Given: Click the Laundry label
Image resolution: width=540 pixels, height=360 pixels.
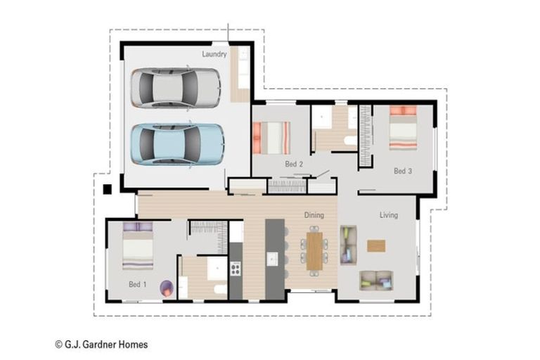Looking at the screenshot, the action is pos(214,54).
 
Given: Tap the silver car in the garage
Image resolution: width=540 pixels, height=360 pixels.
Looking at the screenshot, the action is pos(176,88).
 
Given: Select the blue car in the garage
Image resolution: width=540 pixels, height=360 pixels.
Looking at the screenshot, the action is pos(178,144).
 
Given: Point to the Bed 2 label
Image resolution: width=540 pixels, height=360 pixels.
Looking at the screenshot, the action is pos(294,164).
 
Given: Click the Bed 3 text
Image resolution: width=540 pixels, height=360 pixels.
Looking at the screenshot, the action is pos(403,171).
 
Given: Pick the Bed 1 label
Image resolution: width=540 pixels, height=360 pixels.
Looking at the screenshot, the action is pos(137,284).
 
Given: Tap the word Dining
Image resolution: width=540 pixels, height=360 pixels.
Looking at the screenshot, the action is pos(314,215).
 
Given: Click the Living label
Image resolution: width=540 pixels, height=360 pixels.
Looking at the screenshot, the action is pos(389,215).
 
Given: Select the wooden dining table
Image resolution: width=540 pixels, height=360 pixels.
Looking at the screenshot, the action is pos(314,251).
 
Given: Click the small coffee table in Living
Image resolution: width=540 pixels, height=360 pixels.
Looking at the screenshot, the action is pos(376,246).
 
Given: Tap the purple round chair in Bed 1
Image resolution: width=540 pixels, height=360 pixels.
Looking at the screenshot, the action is pos(167,288).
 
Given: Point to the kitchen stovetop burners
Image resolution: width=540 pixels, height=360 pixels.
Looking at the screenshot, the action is pos(236,269).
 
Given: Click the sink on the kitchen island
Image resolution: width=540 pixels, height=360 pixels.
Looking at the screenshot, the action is pos(272,259).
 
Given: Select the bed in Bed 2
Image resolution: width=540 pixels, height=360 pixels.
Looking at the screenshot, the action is pos(271,138).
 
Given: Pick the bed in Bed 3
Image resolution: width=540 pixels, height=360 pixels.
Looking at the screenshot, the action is pos(403,128).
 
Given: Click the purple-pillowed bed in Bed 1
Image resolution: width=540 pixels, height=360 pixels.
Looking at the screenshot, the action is pos(138,246).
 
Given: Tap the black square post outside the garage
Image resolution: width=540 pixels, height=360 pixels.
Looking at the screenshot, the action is pos(108,189).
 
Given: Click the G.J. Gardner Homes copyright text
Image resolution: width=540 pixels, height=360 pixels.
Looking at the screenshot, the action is pos(101,344).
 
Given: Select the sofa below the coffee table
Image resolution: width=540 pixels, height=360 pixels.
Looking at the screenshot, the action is pos(376,281).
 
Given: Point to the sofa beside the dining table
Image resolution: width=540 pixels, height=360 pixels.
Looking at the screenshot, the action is pos(348,245).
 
